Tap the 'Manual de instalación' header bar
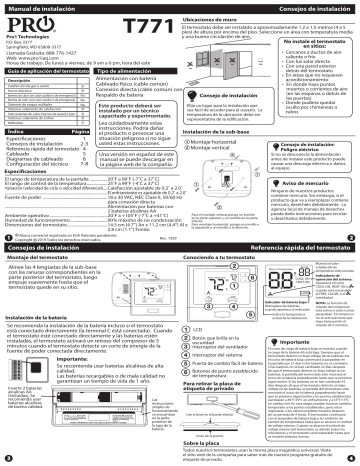pyautogui.click(x=45, y=8)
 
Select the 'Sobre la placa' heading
pyautogui.click(x=204, y=439)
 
